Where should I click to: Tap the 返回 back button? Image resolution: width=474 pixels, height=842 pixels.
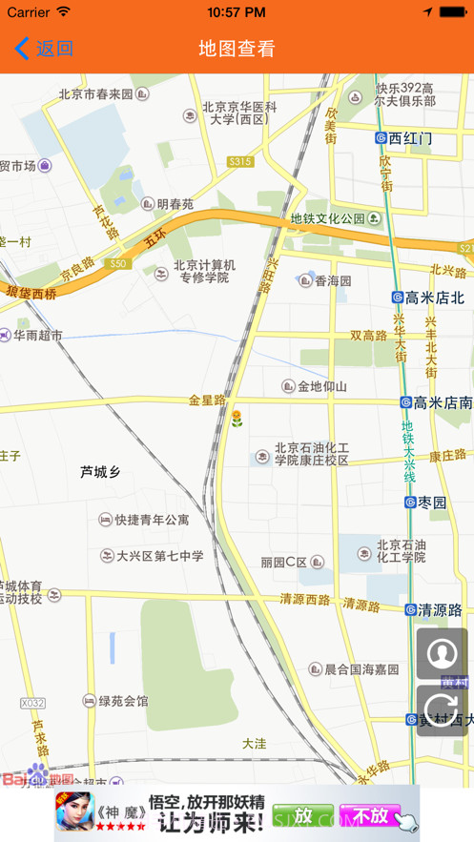click(44, 49)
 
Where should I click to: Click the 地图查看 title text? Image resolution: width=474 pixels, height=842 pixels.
click(237, 49)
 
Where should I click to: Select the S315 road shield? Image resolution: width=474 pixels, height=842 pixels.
click(240, 162)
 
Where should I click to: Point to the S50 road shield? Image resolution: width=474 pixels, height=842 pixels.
click(118, 263)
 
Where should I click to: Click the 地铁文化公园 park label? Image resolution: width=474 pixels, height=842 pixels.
click(328, 218)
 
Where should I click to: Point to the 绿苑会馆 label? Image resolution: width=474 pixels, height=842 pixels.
click(115, 701)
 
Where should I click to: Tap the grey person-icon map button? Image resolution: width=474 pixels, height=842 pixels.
click(442, 653)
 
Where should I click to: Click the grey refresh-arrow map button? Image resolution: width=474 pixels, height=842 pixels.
click(442, 709)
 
